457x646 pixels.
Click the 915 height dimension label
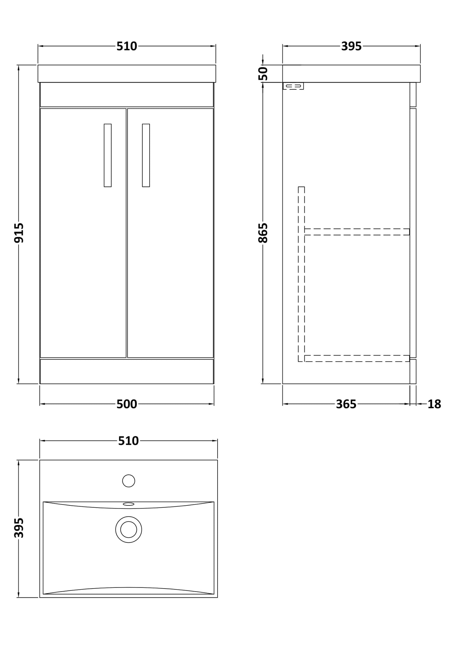point(19,233)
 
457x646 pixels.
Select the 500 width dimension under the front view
point(127,404)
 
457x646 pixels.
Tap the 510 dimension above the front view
point(127,46)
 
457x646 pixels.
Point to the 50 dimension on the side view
point(263,73)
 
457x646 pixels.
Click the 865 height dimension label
point(263,233)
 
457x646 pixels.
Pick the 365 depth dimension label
point(346,404)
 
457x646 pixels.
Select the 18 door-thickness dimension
point(434,404)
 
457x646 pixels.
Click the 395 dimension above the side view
point(351,46)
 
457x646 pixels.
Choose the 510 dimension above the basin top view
point(128,441)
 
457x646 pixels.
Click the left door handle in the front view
point(108,155)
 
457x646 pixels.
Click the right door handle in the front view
point(146,155)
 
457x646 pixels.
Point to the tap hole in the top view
point(128,481)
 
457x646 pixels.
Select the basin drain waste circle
point(128,530)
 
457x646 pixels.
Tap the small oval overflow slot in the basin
point(128,504)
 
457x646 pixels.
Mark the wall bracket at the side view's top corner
point(293,86)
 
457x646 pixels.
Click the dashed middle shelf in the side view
point(357,232)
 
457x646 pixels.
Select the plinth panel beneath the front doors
point(127,371)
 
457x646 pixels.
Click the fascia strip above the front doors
point(127,95)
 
